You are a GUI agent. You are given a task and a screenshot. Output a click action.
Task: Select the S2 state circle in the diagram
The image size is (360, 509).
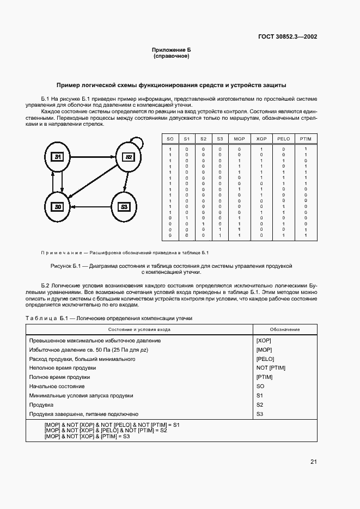129,157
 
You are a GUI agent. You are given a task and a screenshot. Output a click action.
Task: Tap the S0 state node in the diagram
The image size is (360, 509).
58,207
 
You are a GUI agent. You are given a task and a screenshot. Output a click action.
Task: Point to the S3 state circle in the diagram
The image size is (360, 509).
124,207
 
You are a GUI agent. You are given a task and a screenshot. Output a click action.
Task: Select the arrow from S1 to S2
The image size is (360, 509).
93,157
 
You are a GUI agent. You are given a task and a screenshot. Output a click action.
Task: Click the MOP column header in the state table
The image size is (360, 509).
239,139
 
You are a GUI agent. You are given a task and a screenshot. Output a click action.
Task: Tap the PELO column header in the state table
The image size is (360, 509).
283,139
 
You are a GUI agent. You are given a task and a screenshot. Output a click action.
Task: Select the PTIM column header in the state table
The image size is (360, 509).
306,139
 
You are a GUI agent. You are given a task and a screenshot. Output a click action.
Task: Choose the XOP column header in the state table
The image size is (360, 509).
261,139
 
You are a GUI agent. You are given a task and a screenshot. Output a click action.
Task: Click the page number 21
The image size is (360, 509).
314,462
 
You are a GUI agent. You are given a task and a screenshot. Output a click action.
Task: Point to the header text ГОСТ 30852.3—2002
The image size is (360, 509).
287,37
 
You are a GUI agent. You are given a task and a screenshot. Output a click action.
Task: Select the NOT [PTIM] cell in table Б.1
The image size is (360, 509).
271,368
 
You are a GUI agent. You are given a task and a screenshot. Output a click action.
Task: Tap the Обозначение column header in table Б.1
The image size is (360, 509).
285,329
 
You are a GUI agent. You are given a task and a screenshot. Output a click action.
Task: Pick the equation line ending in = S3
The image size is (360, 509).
87,436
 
